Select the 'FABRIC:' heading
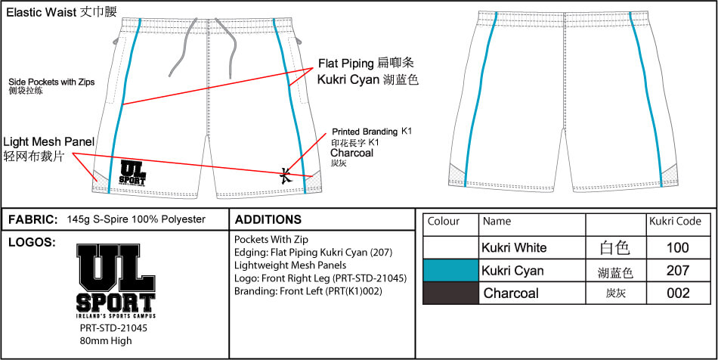pyautogui.click(x=32, y=219)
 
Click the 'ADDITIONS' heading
pyautogui.click(x=268, y=220)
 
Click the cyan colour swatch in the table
pyautogui.click(x=450, y=270)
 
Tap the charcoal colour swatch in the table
pyautogui.click(x=450, y=293)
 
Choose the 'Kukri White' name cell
pyautogui.click(x=514, y=247)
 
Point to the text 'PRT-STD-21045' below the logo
pyautogui.click(x=113, y=329)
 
